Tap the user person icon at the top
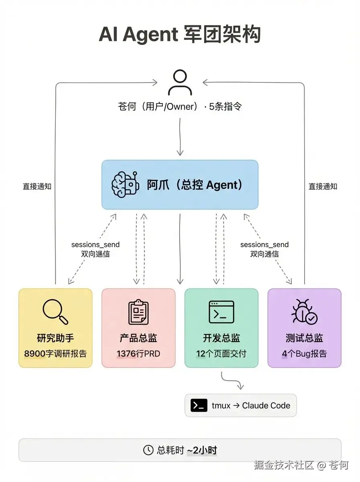pyautogui.click(x=180, y=83)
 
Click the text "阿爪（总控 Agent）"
pyautogui.click(x=195, y=185)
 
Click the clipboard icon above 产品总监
pyautogui.click(x=138, y=312)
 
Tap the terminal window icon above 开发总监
pyautogui.click(x=221, y=312)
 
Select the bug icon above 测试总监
pyautogui.click(x=304, y=312)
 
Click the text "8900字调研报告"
pyautogui.click(x=55, y=354)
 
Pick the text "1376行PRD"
pyautogui.click(x=138, y=354)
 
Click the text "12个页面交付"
pyautogui.click(x=221, y=354)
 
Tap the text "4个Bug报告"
pyautogui.click(x=304, y=354)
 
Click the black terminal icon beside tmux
pyautogui.click(x=199, y=405)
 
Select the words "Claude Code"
pyautogui.click(x=266, y=405)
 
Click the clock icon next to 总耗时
pyautogui.click(x=148, y=450)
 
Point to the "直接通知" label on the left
pyautogui.click(x=37, y=186)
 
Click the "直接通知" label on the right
pyautogui.click(x=323, y=186)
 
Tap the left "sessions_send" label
pyautogui.click(x=95, y=244)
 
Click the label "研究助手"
pyautogui.click(x=55, y=338)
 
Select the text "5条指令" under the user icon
pyautogui.click(x=225, y=107)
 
